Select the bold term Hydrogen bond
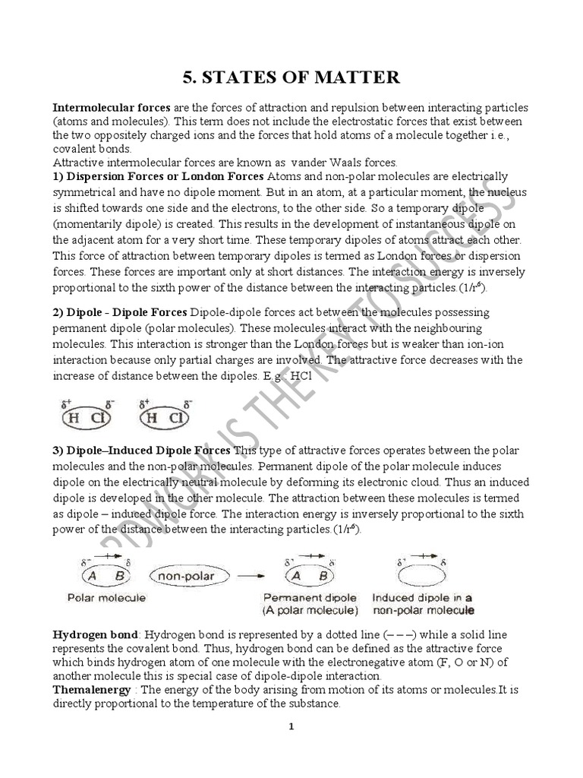tap(95, 634)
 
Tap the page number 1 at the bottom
tap(291, 726)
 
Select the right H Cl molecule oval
tap(164, 417)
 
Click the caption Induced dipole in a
tap(422, 598)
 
